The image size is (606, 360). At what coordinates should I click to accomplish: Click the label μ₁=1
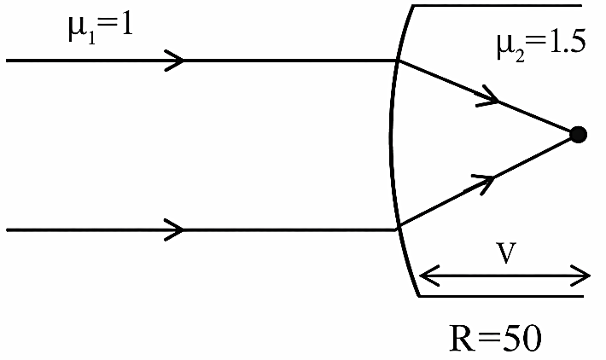(x=101, y=32)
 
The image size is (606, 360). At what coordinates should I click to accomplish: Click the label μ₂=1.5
(x=541, y=45)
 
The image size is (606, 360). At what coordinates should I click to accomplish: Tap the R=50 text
(x=495, y=338)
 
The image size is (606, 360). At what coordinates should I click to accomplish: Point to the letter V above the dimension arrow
(x=506, y=253)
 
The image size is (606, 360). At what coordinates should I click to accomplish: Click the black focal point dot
(x=578, y=135)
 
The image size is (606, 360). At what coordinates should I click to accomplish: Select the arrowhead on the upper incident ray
(x=174, y=61)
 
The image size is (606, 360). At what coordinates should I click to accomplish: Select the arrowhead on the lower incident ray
(x=174, y=229)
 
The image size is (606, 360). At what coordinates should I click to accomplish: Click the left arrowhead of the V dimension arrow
(x=429, y=276)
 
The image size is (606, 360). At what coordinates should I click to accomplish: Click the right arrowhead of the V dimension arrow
(x=581, y=276)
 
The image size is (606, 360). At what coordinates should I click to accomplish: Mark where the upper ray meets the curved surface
(x=398, y=61)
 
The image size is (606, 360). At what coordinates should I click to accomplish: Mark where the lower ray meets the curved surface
(x=398, y=229)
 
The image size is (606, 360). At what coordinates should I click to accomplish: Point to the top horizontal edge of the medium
(x=498, y=5)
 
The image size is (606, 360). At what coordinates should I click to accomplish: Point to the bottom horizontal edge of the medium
(x=501, y=296)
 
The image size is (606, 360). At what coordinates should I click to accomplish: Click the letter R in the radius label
(x=463, y=338)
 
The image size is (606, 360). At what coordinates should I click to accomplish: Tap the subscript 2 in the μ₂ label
(x=519, y=56)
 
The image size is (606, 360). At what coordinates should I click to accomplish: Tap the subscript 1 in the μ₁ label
(x=91, y=40)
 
